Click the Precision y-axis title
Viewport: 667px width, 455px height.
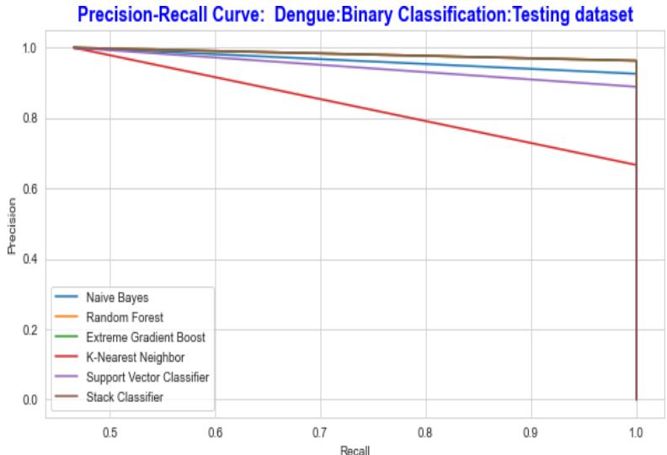pos(12,225)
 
